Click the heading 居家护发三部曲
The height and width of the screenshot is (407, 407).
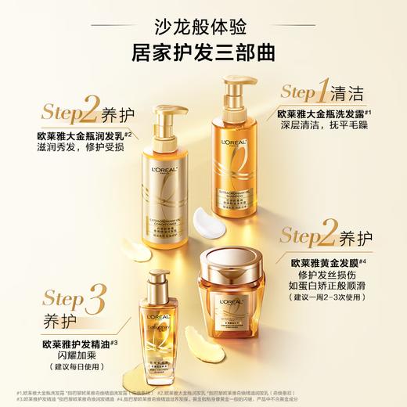(x=203, y=54)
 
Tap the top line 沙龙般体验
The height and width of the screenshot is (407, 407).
(x=203, y=26)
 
